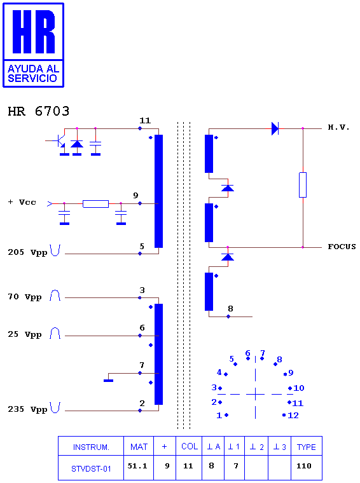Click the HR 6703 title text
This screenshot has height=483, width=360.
[x=39, y=111]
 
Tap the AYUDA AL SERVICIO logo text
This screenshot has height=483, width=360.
[x=33, y=73]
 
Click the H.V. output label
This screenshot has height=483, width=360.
[x=338, y=127]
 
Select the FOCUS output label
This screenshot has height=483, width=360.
[x=342, y=247]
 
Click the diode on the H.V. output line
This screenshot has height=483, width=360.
[x=275, y=128]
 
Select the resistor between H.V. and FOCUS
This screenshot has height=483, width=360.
[x=303, y=185]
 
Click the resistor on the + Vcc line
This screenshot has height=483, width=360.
[x=95, y=203]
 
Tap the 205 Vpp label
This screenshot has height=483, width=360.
[x=27, y=252]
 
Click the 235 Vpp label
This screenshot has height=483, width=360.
[x=27, y=409]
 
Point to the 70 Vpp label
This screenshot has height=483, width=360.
[x=25, y=297]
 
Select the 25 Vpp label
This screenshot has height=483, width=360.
[x=25, y=334]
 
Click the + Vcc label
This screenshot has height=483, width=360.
[x=22, y=202]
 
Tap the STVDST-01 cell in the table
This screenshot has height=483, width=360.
[x=91, y=469]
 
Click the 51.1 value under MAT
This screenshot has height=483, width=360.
[x=137, y=466]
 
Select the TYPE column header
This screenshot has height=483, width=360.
[x=307, y=447]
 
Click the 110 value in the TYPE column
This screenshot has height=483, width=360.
[x=304, y=466]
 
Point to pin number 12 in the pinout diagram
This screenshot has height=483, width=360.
[x=293, y=415]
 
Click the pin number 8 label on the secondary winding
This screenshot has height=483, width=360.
[x=230, y=309]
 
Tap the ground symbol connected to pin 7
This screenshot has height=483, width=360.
[x=109, y=381]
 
